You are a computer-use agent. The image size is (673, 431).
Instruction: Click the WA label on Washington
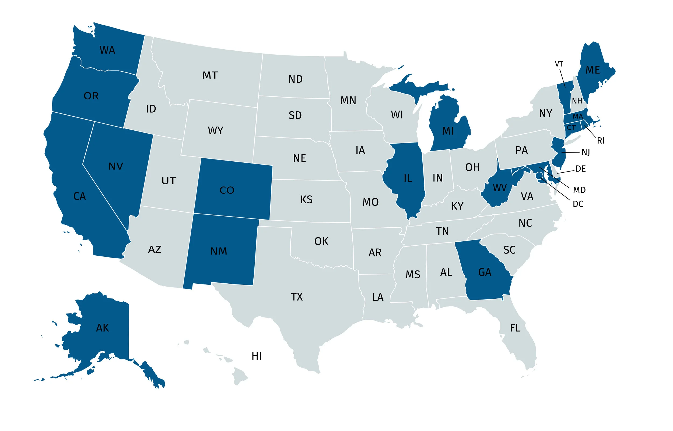[107, 50]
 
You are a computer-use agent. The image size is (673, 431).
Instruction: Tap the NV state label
[116, 166]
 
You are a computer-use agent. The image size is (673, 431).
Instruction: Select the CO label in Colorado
[227, 190]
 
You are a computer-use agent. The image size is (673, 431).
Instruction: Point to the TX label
[297, 297]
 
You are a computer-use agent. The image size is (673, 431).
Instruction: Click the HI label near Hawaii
[257, 356]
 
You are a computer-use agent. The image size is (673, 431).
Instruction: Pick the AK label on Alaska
[102, 328]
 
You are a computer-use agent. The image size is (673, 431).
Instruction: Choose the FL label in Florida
[515, 328]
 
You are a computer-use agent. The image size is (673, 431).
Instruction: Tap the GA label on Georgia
[485, 272]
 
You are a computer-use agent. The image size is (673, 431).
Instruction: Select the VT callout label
[559, 64]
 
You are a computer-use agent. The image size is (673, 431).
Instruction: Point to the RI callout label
[601, 141]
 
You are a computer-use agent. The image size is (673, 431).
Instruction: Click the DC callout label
[578, 204]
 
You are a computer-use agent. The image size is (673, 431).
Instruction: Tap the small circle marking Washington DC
[539, 175]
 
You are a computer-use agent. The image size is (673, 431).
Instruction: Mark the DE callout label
[581, 169]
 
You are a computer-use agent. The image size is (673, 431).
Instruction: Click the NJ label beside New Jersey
[586, 152]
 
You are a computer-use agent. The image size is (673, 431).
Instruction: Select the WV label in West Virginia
[500, 187]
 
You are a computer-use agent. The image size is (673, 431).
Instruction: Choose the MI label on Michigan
[448, 131]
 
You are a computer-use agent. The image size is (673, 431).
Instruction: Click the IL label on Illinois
[408, 178]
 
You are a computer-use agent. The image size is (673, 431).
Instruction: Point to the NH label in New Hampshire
[577, 101]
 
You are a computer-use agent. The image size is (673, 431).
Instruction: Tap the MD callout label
[579, 190]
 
